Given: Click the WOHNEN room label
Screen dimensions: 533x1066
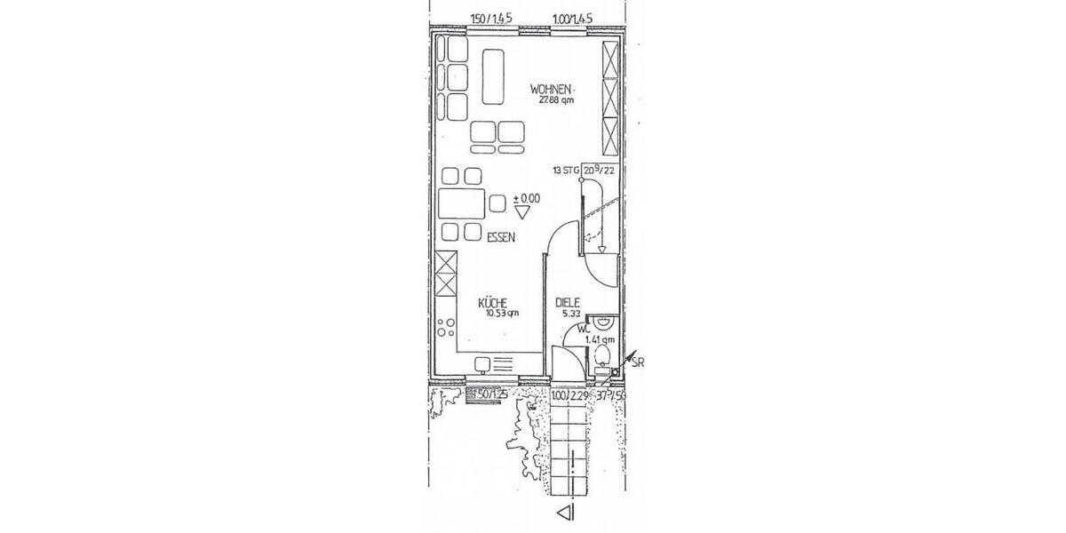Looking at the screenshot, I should coord(551,89).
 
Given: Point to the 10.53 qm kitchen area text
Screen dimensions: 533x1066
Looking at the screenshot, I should coord(500,313).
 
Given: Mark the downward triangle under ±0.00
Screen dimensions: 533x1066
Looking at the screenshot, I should coord(522,212).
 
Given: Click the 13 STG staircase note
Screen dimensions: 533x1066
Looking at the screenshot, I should coord(565,169).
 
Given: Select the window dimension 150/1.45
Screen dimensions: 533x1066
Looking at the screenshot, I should coord(489,18).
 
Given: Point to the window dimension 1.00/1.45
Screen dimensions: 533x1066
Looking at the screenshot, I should coord(572,18).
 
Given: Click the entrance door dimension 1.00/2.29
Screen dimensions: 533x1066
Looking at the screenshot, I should coord(569,395).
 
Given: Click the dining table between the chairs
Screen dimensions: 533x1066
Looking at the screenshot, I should coord(461,203).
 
